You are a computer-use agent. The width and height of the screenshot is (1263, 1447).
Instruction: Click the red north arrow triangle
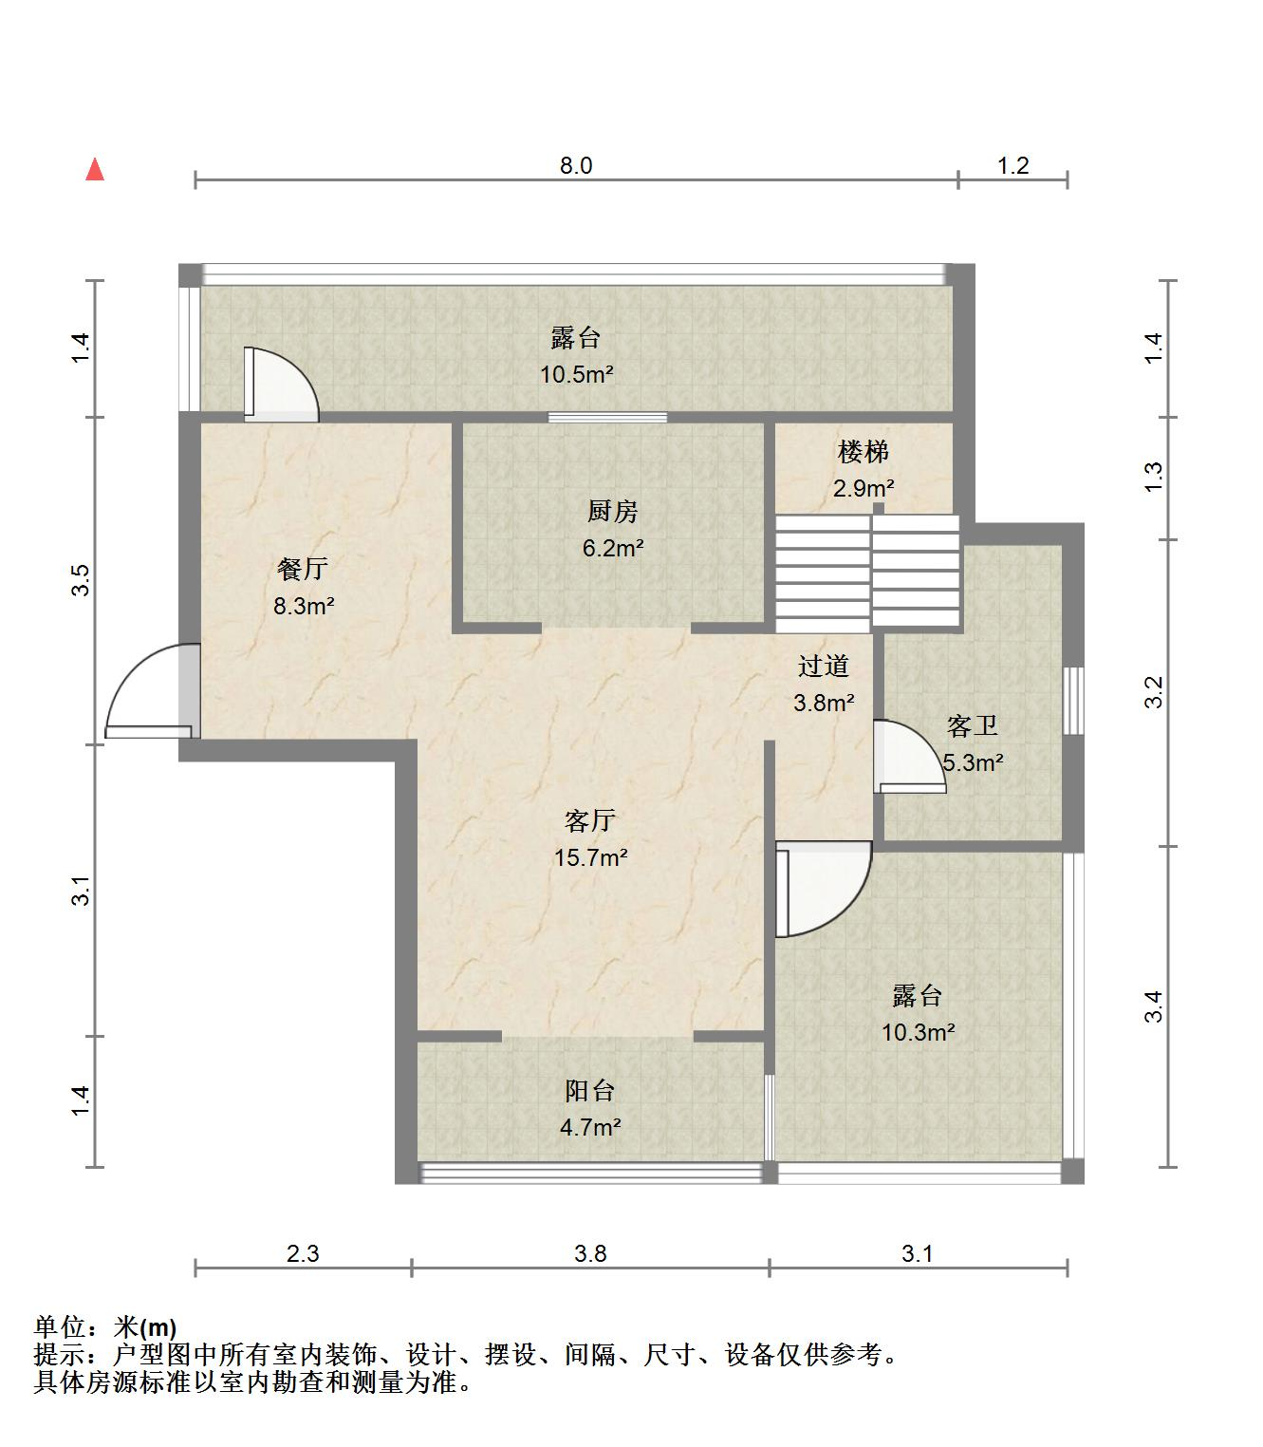pos(95,171)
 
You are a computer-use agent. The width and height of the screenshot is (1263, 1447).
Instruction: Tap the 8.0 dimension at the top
pos(576,165)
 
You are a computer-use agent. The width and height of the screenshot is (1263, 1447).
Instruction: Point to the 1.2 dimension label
pos(1012,165)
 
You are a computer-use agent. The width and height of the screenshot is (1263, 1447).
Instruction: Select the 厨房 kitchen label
pos(613,512)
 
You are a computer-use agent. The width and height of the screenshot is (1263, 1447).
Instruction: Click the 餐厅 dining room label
pos(303,570)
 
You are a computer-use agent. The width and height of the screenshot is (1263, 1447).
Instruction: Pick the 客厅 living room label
pos(590,820)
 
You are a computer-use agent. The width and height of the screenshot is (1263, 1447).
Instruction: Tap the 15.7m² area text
pos(591,858)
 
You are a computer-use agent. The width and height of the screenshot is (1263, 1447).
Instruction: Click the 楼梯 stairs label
pos(863,452)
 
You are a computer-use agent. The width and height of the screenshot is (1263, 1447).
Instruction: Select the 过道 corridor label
pos(824,667)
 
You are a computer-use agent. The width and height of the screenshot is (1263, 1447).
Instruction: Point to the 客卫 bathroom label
pos(973,726)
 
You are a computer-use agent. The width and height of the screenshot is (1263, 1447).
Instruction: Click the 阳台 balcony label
pos(590,1091)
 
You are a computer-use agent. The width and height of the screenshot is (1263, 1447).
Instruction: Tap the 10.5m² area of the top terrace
pos(577,374)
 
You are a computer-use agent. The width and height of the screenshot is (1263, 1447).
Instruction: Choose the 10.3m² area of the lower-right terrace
pos(919,1033)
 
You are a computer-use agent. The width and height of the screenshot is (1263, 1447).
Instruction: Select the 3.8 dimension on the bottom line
pos(590,1254)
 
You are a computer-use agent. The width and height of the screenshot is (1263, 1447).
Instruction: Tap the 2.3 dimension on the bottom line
pos(303,1254)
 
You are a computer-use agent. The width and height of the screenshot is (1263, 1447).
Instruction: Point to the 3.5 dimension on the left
pos(82,581)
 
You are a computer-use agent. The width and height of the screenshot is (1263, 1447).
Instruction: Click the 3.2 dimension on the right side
pos(1154,692)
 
